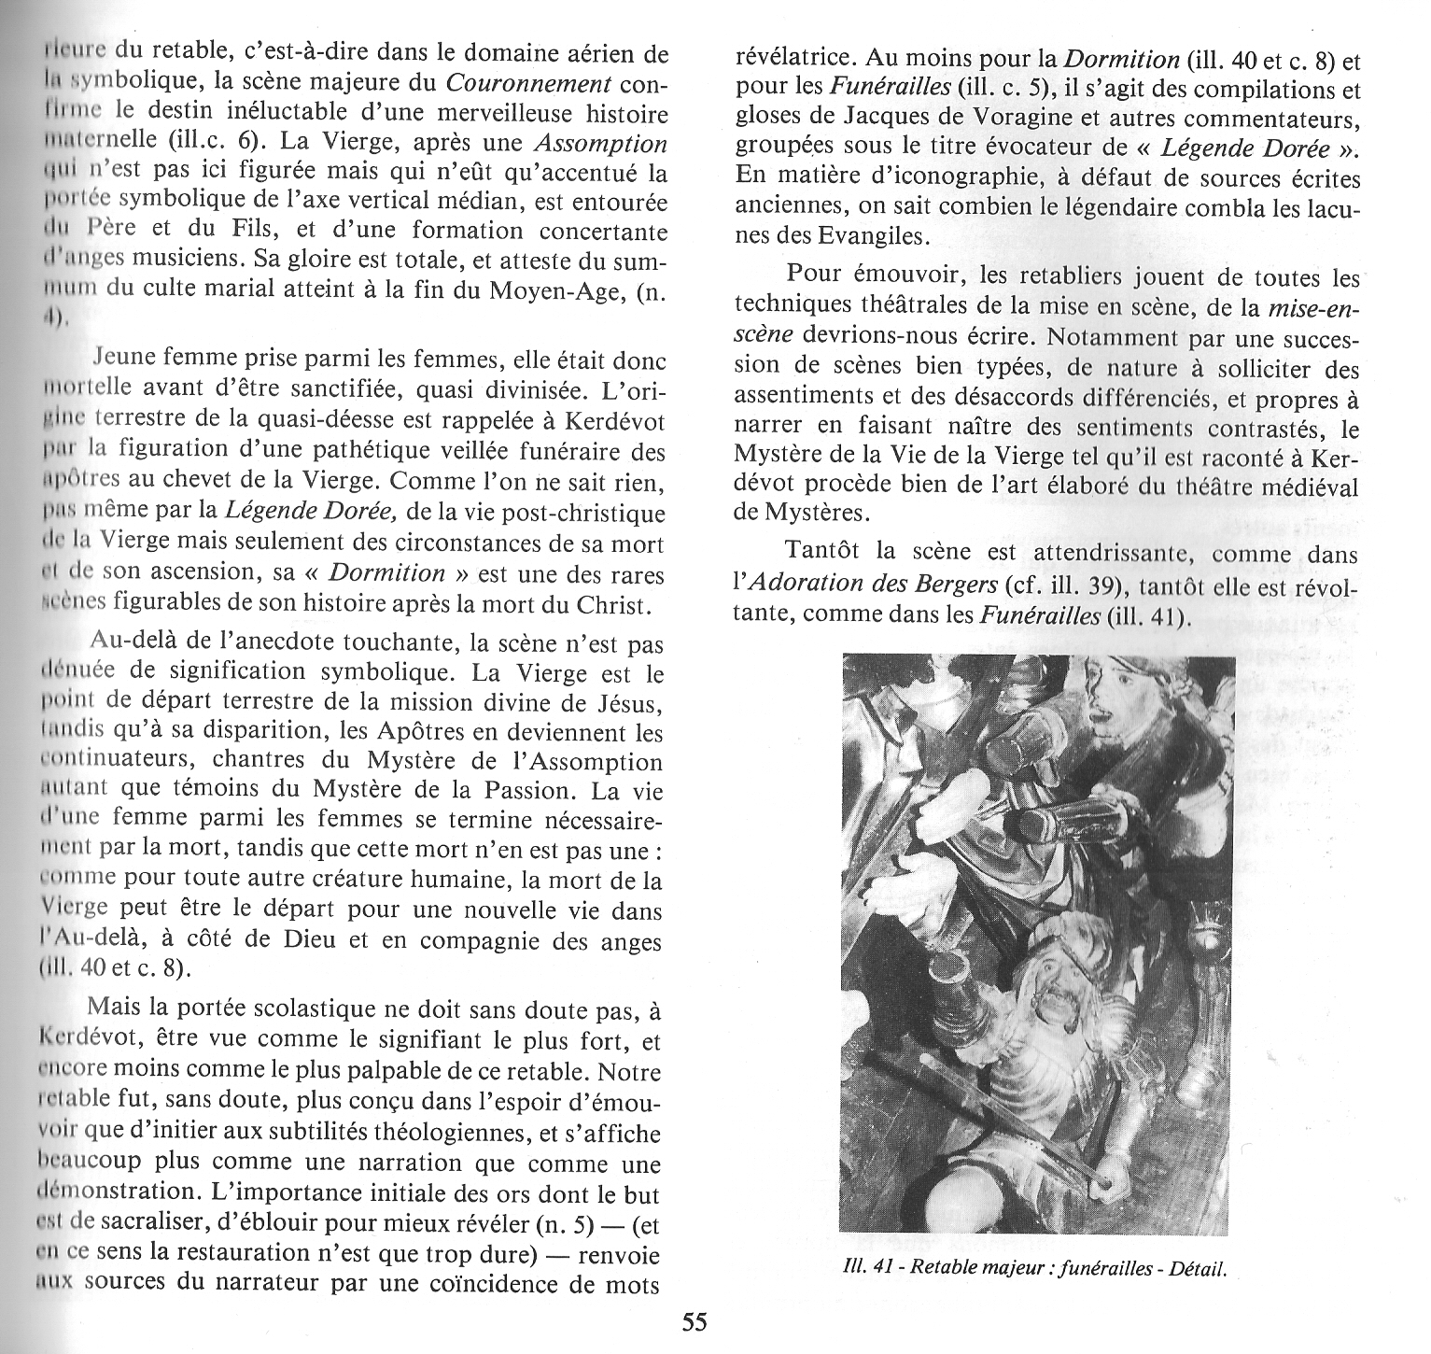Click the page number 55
point(694,1321)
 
